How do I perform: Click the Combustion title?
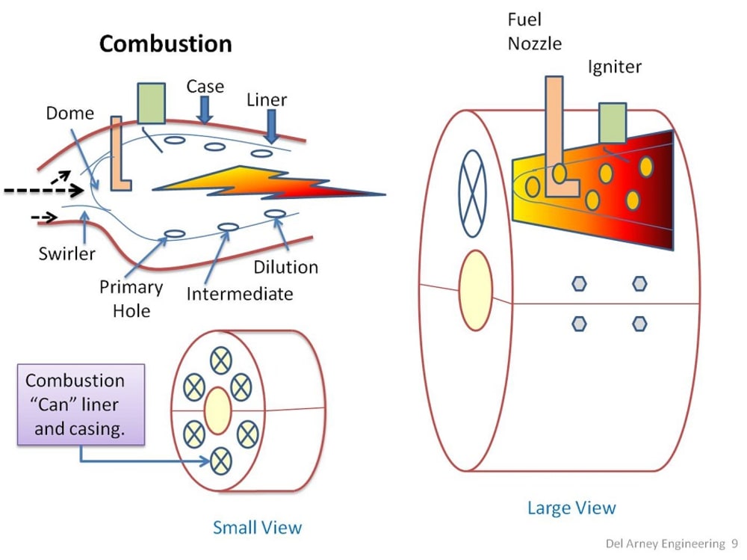165,43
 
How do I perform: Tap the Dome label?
70,114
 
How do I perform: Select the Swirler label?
67,253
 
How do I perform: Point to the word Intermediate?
239,293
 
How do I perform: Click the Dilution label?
285,267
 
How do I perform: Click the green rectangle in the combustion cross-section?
152,103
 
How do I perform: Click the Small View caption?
257,527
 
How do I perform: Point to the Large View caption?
571,508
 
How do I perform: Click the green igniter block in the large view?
613,123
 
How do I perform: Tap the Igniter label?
614,67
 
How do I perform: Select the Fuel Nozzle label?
534,31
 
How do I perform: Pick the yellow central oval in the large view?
475,291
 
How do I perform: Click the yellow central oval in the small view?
217,410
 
